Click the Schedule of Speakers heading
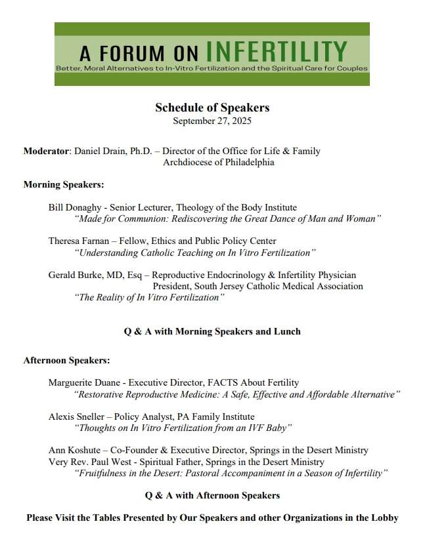[212, 108]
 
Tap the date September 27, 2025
[212, 121]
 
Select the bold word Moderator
[46, 152]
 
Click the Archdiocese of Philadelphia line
[218, 163]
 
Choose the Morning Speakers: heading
[64, 184]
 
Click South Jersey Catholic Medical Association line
[257, 287]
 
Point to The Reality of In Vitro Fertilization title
[150, 298]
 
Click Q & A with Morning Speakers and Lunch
[212, 331]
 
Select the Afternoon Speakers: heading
[66, 361]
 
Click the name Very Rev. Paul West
[89, 462]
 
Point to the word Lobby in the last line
[384, 518]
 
